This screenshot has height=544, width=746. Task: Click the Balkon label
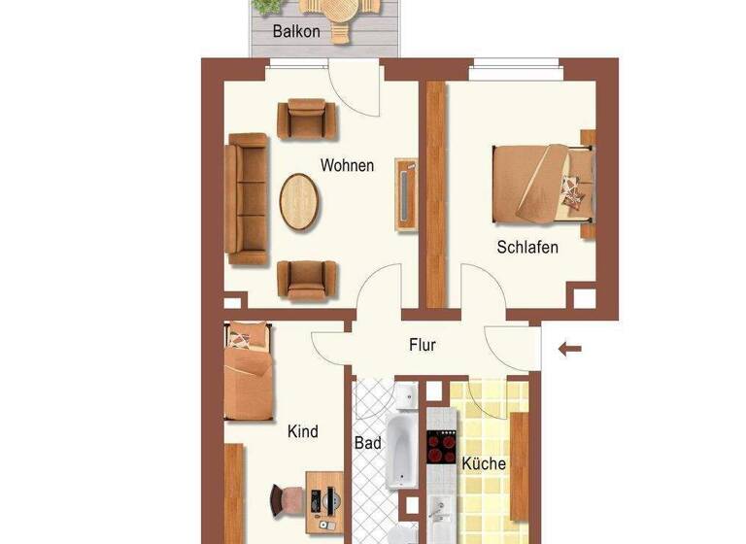(x=296, y=31)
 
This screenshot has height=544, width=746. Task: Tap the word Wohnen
(x=347, y=165)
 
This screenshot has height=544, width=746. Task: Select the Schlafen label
(x=527, y=247)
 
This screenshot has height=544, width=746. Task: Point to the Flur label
(x=423, y=344)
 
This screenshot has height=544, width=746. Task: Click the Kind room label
(x=303, y=430)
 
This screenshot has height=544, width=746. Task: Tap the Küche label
(x=484, y=463)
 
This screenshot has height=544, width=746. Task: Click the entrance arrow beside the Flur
(x=570, y=348)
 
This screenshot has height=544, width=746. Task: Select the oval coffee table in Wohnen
(x=298, y=201)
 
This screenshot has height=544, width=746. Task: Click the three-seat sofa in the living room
(x=247, y=199)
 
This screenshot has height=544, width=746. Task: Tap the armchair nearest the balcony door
(x=306, y=119)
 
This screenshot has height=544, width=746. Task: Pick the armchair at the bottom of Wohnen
(x=307, y=279)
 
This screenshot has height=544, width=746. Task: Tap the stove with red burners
(x=442, y=447)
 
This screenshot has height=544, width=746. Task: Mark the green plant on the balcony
(x=263, y=6)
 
